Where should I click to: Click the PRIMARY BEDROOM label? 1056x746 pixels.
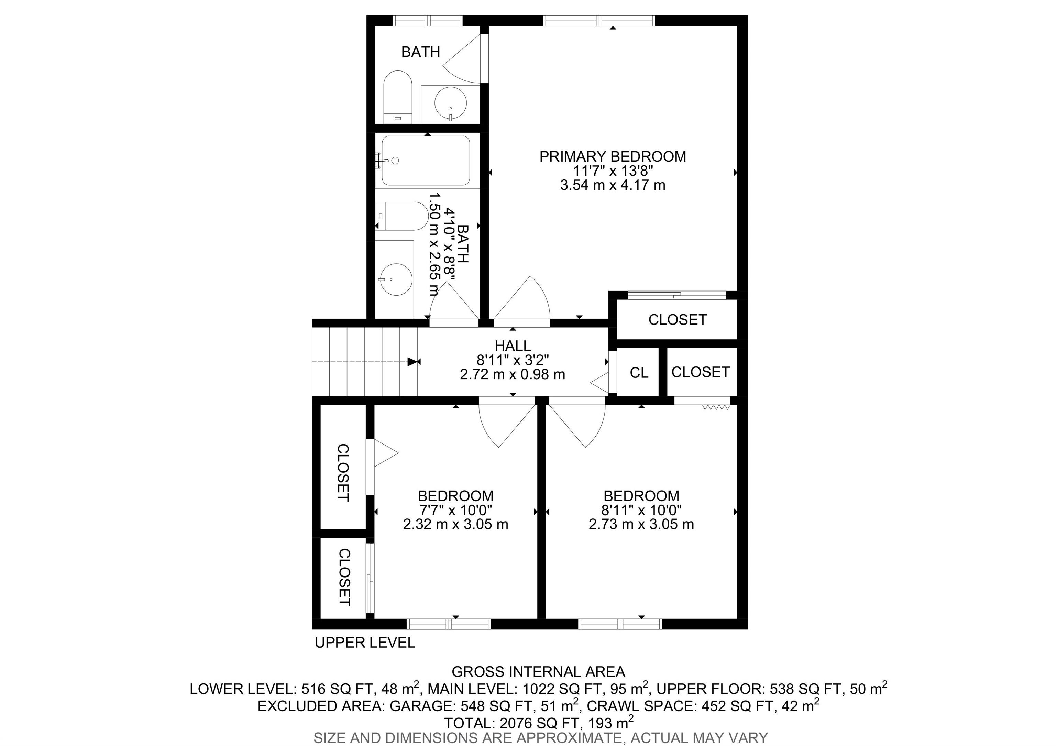tap(613, 156)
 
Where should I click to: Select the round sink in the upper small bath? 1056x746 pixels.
tap(451, 103)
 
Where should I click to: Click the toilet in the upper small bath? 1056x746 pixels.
tap(398, 97)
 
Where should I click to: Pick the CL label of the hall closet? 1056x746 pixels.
tap(639, 373)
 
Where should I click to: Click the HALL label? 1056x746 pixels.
tap(513, 345)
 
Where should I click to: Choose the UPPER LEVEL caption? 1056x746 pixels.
tap(365, 643)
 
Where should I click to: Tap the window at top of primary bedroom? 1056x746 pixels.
tap(599, 21)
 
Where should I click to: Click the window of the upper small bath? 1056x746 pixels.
tap(428, 21)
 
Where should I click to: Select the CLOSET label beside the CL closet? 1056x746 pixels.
tap(701, 372)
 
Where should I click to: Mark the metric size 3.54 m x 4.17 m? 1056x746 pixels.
tap(613, 185)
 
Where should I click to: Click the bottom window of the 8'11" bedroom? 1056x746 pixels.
tap(620, 624)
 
